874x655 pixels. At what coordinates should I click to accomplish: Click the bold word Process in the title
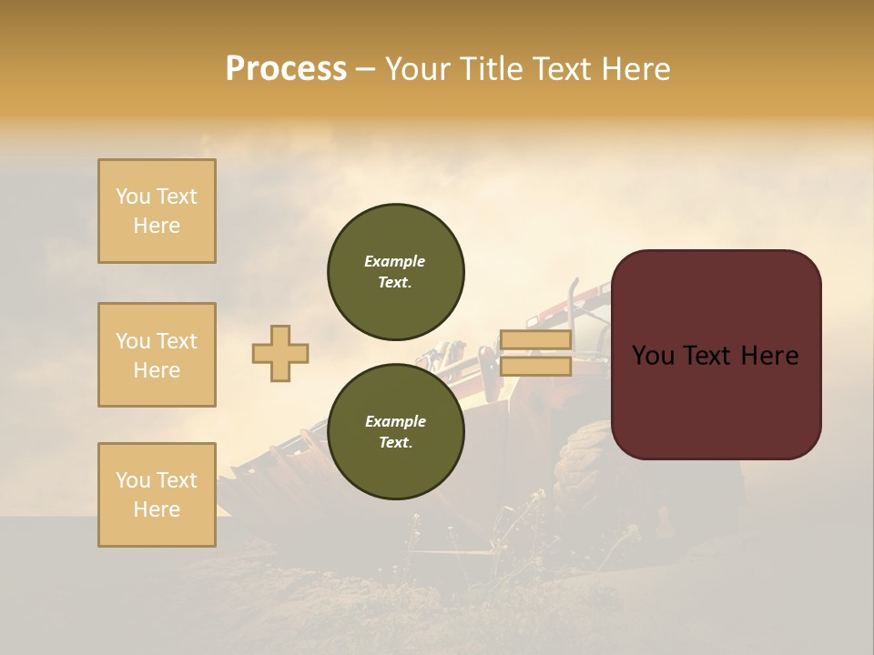286,69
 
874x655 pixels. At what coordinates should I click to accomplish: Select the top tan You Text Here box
157,211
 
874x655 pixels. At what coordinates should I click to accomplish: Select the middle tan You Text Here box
157,355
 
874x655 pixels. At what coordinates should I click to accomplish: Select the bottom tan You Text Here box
157,495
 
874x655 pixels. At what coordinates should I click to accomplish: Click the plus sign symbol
280,353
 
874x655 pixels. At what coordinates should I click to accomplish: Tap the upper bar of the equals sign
535,340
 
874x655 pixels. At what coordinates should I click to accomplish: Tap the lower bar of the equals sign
535,367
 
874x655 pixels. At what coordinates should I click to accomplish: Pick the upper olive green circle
396,271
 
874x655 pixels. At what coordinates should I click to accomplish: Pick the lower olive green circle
396,431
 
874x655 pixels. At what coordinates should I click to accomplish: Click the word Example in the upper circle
395,261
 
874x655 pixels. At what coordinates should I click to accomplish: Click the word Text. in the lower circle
395,443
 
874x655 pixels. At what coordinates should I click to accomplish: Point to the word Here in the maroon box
769,356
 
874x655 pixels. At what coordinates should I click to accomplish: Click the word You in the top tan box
133,196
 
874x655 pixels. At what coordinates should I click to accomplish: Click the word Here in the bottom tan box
157,509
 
